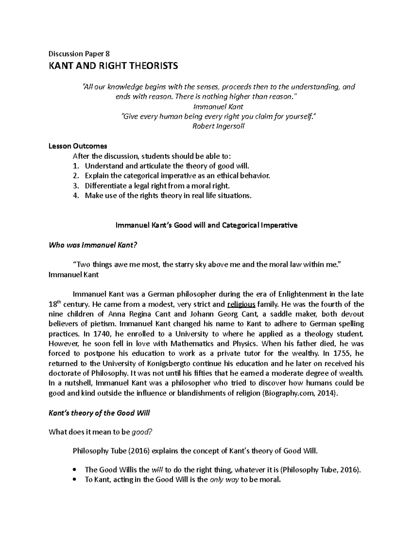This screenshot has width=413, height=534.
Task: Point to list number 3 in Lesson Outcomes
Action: (76, 186)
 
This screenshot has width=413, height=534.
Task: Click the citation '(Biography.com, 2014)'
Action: (300, 393)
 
